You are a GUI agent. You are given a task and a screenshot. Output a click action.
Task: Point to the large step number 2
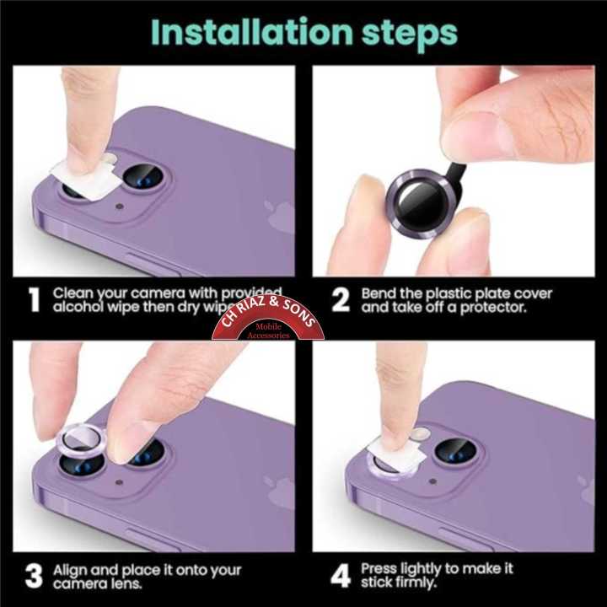click(340, 300)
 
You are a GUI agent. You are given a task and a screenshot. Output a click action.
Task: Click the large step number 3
click(33, 577)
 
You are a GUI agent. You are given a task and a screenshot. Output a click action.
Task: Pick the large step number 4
click(341, 577)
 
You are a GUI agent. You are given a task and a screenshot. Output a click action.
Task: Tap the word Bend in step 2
click(379, 293)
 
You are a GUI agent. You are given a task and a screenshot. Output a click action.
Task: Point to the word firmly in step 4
click(412, 583)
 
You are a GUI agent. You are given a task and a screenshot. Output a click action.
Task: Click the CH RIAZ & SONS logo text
click(267, 316)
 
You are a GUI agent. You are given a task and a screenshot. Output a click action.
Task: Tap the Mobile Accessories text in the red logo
click(268, 331)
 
